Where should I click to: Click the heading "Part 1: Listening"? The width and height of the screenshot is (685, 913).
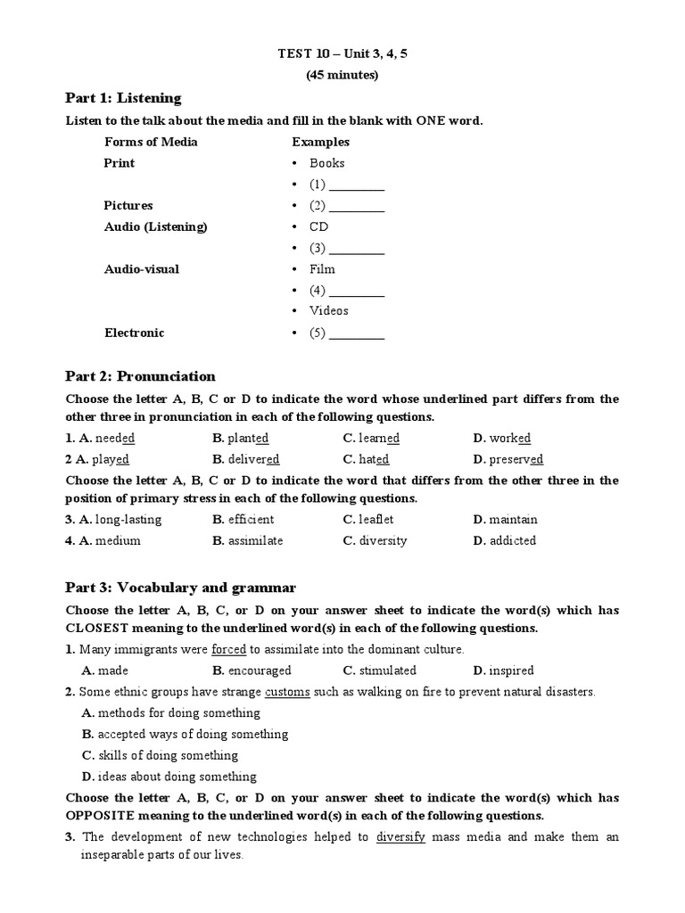coord(123,98)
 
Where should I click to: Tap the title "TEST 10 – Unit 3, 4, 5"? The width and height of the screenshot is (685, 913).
coord(342,54)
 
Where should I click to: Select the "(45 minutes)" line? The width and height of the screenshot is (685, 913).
coord(342,75)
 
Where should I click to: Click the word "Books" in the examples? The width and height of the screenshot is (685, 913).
coord(327,163)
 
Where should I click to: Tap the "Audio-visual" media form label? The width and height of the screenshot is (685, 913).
coord(142,268)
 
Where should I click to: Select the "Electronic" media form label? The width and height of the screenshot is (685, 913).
coord(135,333)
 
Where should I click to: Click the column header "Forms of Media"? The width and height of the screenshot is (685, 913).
coord(151,142)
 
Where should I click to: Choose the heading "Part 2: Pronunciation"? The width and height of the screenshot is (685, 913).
coord(141,376)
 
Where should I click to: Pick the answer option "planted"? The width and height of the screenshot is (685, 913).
coord(248,438)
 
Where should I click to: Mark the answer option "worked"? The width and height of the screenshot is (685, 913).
coord(509,438)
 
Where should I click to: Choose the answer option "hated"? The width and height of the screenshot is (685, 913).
coord(374,459)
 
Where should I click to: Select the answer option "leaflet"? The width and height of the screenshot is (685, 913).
coord(376,519)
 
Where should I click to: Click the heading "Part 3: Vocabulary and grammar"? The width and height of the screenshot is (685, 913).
coord(181,588)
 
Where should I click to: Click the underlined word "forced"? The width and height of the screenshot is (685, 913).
coord(229,650)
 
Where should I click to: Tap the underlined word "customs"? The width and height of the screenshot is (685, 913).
coord(288,692)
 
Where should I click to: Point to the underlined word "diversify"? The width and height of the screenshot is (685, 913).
coord(401,837)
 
